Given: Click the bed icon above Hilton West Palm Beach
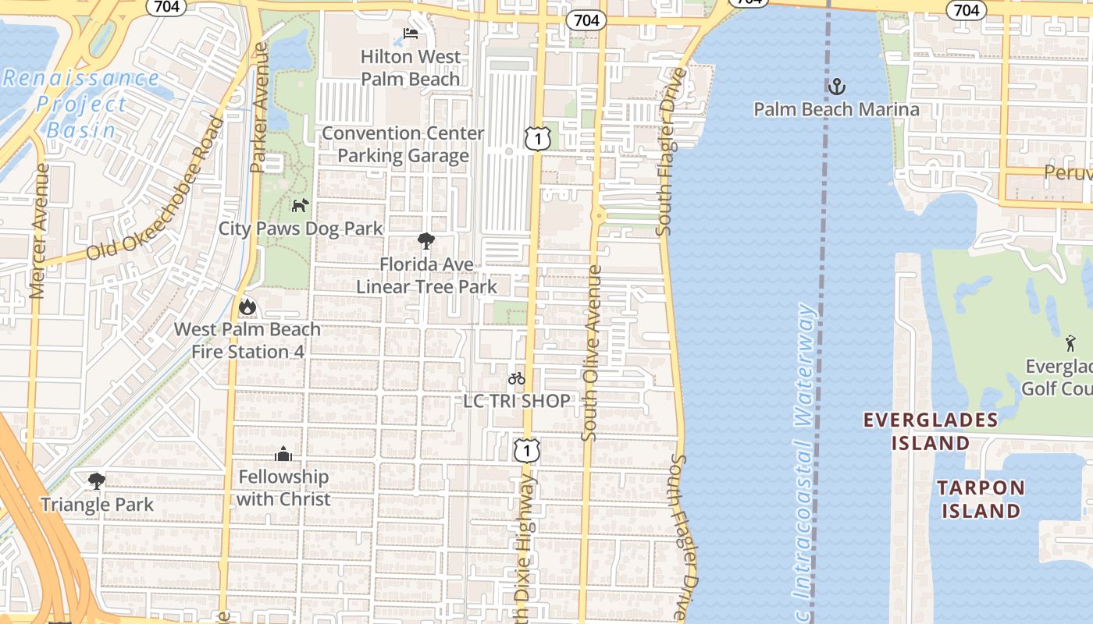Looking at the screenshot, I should pyautogui.click(x=411, y=34).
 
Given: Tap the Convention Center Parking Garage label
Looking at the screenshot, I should pyautogui.click(x=403, y=144).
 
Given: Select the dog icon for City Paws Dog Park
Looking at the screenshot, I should pyautogui.click(x=300, y=205).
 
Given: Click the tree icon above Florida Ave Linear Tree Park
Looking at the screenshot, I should pyautogui.click(x=425, y=241).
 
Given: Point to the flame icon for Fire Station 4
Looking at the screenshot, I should pyautogui.click(x=247, y=307).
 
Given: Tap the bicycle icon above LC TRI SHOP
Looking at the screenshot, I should pyautogui.click(x=516, y=378).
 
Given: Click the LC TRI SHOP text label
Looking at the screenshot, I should pyautogui.click(x=516, y=401).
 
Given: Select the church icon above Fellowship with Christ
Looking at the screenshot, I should pyautogui.click(x=283, y=453).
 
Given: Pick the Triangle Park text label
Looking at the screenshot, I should pyautogui.click(x=98, y=504).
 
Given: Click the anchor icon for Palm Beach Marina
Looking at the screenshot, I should pyautogui.click(x=836, y=86).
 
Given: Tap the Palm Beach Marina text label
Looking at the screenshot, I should pyautogui.click(x=836, y=109).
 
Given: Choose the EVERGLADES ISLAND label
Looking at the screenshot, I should pyautogui.click(x=930, y=431).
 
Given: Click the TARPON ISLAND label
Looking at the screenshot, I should pyautogui.click(x=980, y=499).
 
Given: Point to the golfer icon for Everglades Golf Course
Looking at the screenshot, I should pyautogui.click(x=1070, y=342).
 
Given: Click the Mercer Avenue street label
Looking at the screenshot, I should pyautogui.click(x=39, y=230).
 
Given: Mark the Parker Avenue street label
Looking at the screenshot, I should pyautogui.click(x=259, y=107).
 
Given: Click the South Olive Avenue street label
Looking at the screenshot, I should pyautogui.click(x=592, y=353).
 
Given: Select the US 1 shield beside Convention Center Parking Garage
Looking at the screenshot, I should pyautogui.click(x=538, y=138).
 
